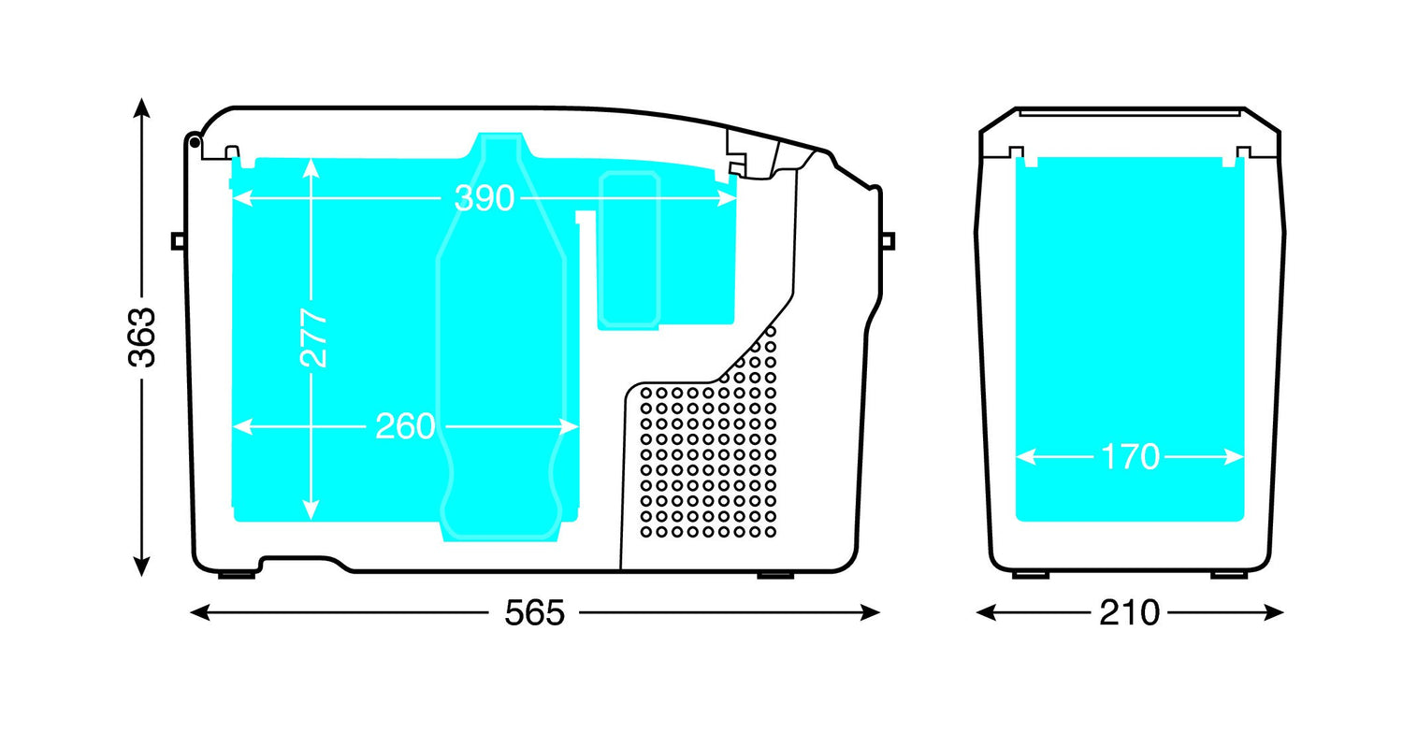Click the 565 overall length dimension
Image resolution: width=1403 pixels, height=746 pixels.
534,612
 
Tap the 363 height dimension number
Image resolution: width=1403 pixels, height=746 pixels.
141,337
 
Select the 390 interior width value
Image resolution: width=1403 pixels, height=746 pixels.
485,198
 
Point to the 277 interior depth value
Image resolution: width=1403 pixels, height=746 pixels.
313,337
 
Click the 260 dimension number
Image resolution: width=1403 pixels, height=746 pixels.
405,427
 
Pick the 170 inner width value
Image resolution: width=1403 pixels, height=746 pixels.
1130,457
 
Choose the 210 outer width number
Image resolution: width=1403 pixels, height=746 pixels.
1129,612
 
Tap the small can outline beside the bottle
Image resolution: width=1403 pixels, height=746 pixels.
629,250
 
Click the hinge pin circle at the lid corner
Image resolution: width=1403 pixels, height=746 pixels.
195,143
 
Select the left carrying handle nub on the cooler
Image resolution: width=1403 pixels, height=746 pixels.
179,241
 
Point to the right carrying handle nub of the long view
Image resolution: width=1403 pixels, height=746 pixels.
888,241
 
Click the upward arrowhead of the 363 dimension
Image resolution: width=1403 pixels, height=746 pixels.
141,108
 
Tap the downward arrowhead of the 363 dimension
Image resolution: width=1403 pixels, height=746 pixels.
141,567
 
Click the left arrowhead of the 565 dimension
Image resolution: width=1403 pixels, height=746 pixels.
200,612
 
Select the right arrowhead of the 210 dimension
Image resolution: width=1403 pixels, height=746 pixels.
1273,612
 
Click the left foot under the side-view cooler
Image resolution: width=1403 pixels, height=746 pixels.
1031,575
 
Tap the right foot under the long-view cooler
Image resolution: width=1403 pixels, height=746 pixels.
775,575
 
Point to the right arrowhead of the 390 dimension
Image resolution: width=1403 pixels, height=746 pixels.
727,198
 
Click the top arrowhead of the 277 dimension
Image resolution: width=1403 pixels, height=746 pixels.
311,167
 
